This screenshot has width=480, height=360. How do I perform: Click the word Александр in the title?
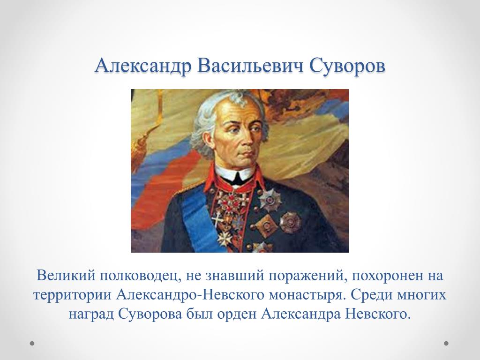click(x=143, y=66)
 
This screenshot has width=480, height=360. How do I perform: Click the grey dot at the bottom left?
click(x=32, y=344)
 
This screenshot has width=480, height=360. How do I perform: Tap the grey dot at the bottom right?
click(x=446, y=344)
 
